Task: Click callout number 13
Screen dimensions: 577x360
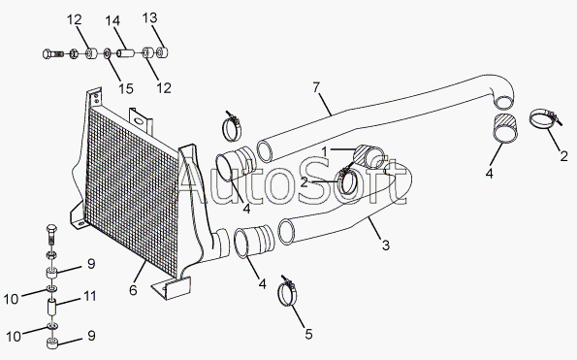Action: point(149,17)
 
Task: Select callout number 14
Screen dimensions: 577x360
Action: point(112,20)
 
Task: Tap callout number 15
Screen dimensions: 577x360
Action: point(125,88)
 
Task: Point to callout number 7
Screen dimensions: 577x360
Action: point(316,87)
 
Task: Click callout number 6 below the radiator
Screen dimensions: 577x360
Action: point(133,290)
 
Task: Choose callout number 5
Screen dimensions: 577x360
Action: point(308,334)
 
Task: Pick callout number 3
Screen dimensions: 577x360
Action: point(385,245)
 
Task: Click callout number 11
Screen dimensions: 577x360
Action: point(90,296)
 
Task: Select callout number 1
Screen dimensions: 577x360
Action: point(324,151)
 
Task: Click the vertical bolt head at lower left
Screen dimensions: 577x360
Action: point(51,230)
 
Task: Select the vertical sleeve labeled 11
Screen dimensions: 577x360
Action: point(51,308)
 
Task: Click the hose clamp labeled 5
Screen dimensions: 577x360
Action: point(286,293)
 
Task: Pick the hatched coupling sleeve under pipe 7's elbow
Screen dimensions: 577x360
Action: point(505,128)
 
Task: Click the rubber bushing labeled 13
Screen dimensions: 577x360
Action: point(162,52)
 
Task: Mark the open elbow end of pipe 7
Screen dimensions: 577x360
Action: point(503,102)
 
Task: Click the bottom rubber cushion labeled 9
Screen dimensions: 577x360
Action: point(52,344)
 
